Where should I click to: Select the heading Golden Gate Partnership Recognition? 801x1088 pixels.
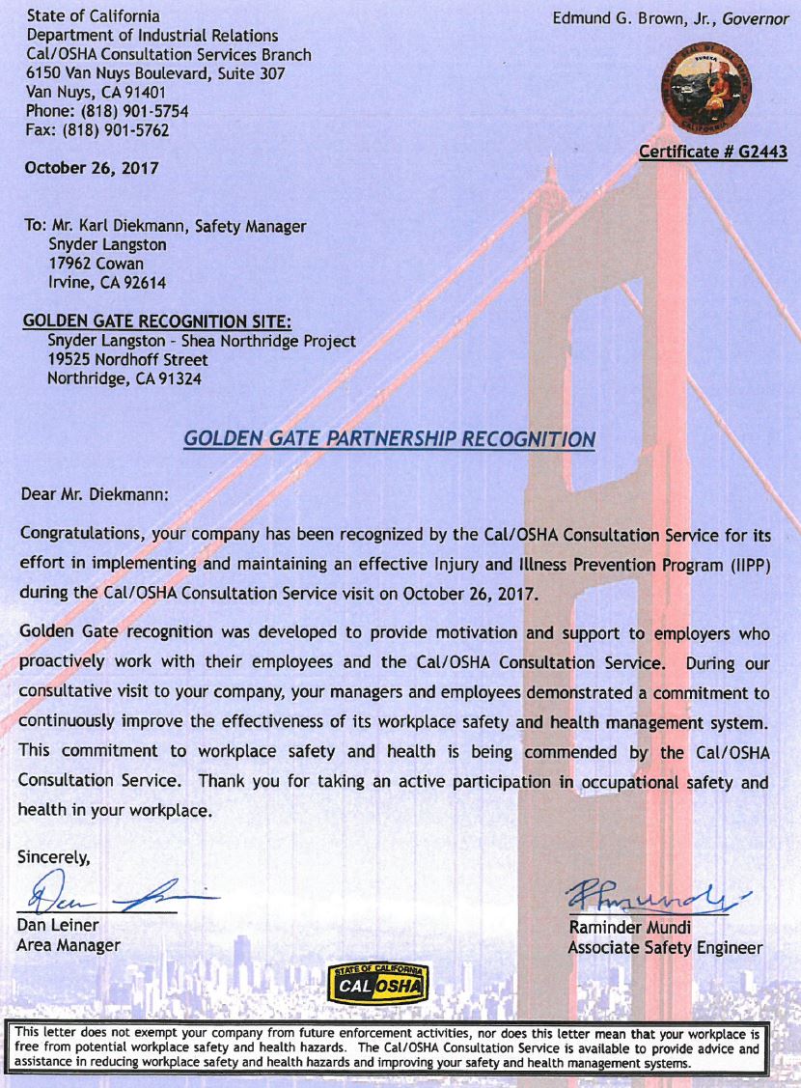389,439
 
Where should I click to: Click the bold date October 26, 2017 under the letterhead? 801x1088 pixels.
93,167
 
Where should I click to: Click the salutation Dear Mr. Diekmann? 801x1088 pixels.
95,492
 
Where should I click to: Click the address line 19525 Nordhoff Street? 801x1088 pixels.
127,359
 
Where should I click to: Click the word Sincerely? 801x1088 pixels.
54,855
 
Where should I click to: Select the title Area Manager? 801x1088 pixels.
69,945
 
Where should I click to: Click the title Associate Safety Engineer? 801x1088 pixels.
665,948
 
